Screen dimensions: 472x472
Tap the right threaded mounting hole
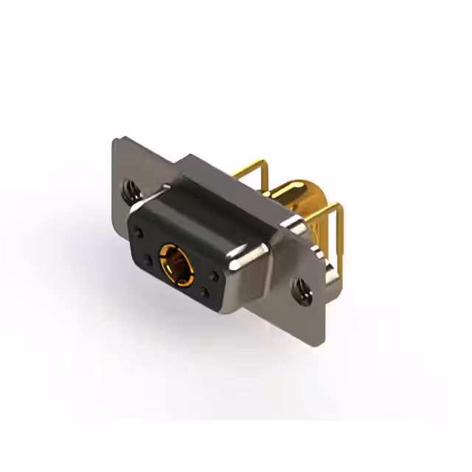(x=300, y=289)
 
